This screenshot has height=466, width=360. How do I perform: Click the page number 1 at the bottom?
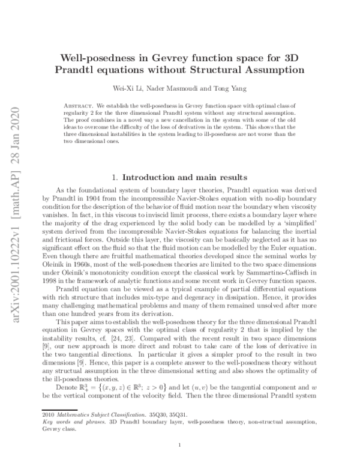[x=180, y=445]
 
